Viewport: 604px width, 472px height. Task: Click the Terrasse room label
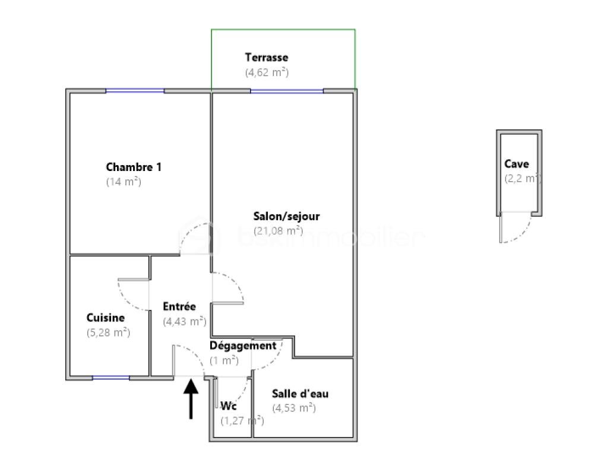(266, 58)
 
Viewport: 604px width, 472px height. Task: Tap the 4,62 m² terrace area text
(267, 72)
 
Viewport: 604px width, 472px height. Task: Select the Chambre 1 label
(133, 167)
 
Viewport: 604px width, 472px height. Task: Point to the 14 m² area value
(123, 182)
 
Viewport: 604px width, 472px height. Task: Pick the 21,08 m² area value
(278, 230)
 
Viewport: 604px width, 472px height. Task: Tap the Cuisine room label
(105, 318)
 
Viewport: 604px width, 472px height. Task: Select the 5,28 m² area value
(108, 332)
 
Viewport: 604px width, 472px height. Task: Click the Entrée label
(179, 306)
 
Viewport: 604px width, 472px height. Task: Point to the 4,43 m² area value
(185, 321)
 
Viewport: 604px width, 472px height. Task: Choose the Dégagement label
(243, 346)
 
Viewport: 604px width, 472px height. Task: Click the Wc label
(229, 406)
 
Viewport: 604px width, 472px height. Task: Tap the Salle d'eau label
(300, 393)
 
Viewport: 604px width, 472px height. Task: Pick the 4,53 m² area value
(293, 408)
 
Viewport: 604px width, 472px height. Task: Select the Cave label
(516, 164)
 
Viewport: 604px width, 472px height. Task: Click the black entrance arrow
(191, 398)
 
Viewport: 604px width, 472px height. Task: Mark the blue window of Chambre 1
(135, 91)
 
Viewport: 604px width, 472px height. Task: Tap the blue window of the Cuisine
(111, 378)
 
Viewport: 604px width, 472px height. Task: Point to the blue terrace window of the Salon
(287, 91)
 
